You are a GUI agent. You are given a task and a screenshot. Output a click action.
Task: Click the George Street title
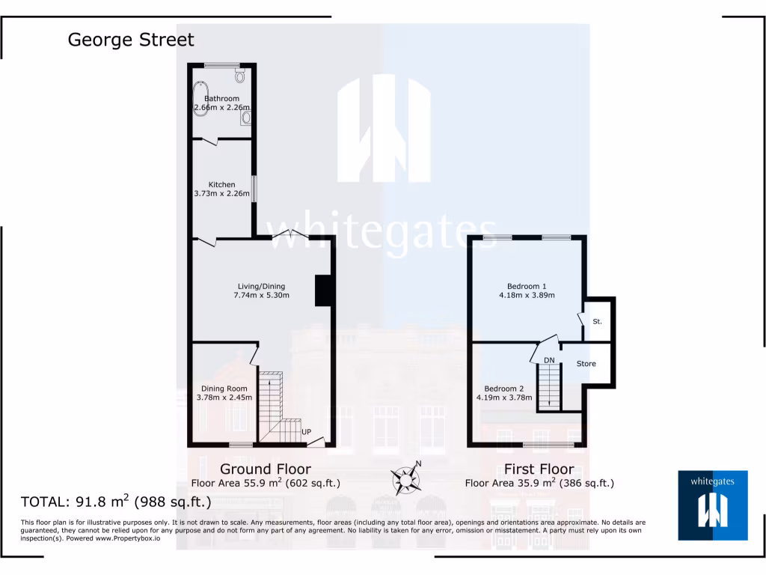point(131,40)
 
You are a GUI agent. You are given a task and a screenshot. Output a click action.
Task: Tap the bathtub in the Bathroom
point(200,98)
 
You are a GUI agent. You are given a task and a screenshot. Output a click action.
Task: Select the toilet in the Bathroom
point(239,75)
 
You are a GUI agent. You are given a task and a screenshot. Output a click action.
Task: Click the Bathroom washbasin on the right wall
point(246,117)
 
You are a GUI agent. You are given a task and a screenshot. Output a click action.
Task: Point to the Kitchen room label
point(222,185)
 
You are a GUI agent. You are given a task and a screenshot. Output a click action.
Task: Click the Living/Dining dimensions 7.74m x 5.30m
point(261,296)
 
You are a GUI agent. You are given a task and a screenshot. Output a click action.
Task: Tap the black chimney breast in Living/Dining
point(323,290)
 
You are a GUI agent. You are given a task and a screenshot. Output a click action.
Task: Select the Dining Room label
point(224,389)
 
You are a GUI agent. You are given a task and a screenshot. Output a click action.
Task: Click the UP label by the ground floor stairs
point(306,432)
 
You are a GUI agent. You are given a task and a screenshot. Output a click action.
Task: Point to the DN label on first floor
point(549,361)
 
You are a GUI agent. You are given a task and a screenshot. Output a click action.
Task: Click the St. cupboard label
point(597,321)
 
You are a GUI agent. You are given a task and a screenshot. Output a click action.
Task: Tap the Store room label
point(586,364)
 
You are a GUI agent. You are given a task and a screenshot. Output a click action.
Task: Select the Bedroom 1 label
point(527,286)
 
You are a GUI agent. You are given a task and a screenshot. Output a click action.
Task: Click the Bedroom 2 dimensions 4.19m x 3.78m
point(504,398)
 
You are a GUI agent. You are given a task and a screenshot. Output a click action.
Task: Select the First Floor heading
point(539,469)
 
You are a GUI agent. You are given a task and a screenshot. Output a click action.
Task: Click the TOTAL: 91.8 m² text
point(116,501)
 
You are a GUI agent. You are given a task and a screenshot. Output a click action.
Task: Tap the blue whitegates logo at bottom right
point(711,505)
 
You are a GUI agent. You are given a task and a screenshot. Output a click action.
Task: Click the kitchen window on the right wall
point(254,188)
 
